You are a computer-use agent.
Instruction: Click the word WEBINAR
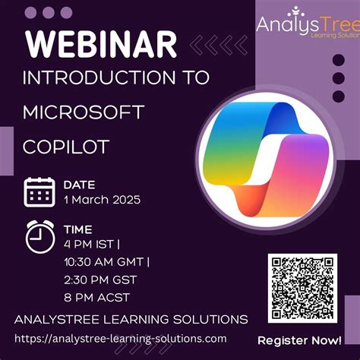pos(103,45)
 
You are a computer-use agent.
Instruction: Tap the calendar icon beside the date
pos(38,192)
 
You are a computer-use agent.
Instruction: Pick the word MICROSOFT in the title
pos(84,112)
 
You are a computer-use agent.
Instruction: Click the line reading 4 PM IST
pos(95,244)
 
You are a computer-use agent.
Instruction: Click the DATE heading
pos(79,184)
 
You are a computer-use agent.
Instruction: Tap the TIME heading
pos(78,229)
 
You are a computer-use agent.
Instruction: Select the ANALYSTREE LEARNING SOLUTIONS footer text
pos(131,318)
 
